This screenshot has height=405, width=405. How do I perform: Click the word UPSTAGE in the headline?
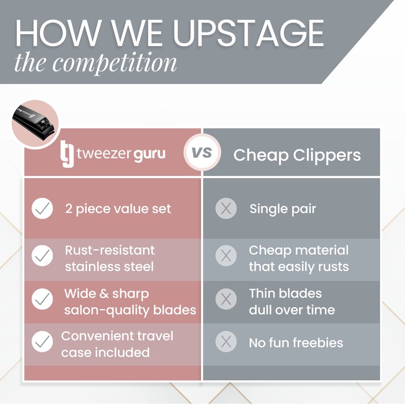pyautogui.click(x=248, y=33)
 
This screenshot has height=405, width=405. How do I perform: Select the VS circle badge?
pyautogui.click(x=202, y=152)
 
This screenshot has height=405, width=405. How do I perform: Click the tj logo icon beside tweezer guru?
pyautogui.click(x=67, y=154)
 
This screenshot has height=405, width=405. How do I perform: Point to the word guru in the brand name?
pyautogui.click(x=149, y=155)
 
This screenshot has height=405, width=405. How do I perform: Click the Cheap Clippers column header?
pyautogui.click(x=297, y=155)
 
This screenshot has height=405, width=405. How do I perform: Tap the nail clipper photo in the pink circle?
pyautogui.click(x=34, y=124)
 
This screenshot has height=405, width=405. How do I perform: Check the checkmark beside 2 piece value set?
pyautogui.click(x=42, y=209)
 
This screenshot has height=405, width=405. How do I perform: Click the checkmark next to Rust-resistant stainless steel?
pyautogui.click(x=42, y=256)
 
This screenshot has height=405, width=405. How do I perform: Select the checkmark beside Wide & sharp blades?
pyautogui.click(x=42, y=299)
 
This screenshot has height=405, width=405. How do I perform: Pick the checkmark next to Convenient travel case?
pyautogui.click(x=42, y=341)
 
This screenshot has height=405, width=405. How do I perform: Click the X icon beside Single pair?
pyautogui.click(x=226, y=209)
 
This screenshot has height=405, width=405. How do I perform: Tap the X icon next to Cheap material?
pyautogui.click(x=226, y=256)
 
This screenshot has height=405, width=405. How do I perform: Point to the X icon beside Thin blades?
pyautogui.click(x=226, y=299)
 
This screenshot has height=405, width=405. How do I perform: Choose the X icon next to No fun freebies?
pyautogui.click(x=226, y=341)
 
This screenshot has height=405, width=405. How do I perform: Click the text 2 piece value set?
pyautogui.click(x=118, y=209)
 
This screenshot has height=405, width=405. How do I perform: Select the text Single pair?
pyautogui.click(x=282, y=209)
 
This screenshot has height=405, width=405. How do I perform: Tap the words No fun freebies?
pyautogui.click(x=296, y=343)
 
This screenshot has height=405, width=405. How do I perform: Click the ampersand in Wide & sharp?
pyautogui.click(x=104, y=294)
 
